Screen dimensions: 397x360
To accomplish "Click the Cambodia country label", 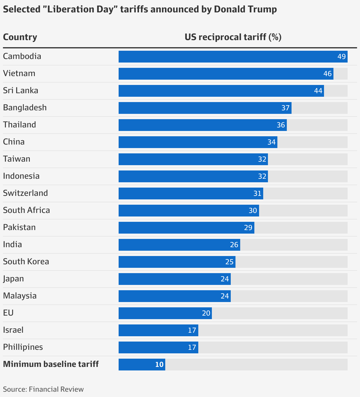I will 22,56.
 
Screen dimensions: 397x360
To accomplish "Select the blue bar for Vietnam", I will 226,74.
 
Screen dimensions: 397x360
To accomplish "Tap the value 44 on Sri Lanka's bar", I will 318,91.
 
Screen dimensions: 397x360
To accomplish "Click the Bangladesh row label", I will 25,108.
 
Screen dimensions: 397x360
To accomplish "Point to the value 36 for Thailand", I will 281,125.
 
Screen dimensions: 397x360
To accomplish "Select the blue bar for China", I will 198,142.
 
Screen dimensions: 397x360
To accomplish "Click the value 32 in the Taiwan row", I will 262,159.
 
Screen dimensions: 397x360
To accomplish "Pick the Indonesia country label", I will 21,176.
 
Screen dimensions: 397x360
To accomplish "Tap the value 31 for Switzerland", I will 257,193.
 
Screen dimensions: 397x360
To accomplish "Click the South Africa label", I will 27,210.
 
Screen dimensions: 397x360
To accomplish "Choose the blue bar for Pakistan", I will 186,228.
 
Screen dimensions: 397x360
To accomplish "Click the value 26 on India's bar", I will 234,245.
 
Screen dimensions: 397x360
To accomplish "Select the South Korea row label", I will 26,262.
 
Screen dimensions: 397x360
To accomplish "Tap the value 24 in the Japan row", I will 225,279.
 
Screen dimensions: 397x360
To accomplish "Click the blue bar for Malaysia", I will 174,296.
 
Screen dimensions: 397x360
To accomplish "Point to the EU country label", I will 8,313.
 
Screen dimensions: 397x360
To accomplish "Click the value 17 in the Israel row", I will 192,330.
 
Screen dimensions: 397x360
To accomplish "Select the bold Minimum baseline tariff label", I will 51,364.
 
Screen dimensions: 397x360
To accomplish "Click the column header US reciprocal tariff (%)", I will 233,37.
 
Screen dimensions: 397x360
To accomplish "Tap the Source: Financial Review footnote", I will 43,389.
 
